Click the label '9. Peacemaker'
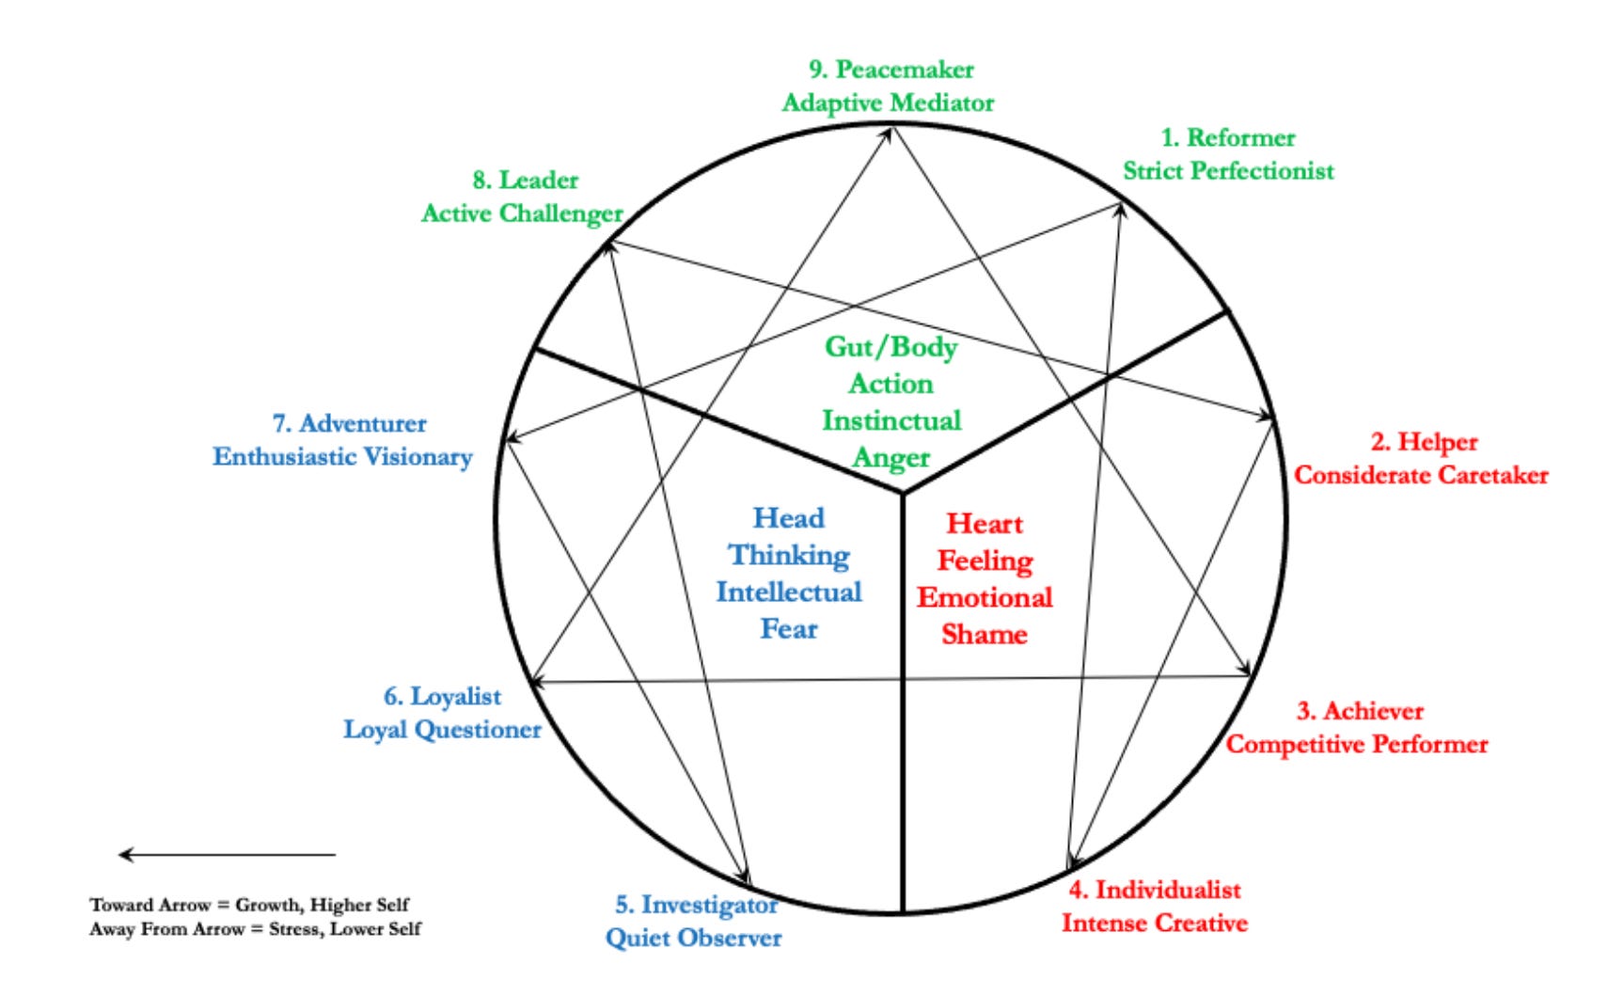[891, 70]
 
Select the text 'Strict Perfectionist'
[1228, 171]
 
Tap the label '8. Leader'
[525, 180]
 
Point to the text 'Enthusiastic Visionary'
[342, 457]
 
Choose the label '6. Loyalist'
[442, 697]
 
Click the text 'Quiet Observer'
[693, 938]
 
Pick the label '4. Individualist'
[1154, 890]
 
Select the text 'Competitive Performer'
[1356, 744]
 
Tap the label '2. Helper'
[1424, 442]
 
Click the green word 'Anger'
[891, 458]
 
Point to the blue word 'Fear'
[789, 628]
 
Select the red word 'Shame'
[985, 634]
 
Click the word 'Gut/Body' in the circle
[891, 347]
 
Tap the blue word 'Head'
[789, 518]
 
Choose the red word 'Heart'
[985, 524]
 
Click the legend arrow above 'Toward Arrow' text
[226, 855]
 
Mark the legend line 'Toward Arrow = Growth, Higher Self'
[249, 905]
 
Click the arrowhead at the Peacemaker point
[889, 132]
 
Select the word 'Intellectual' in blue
[789, 592]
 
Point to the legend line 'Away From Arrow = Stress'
[255, 929]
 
